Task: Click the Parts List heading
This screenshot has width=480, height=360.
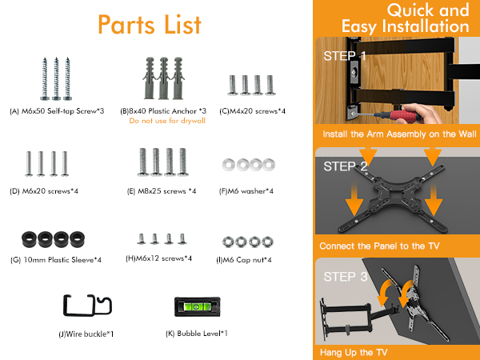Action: pyautogui.click(x=150, y=25)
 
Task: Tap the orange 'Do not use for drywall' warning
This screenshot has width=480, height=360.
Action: pyautogui.click(x=167, y=121)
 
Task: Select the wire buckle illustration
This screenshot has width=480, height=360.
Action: pyautogui.click(x=87, y=306)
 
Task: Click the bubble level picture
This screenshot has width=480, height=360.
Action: pyautogui.click(x=197, y=306)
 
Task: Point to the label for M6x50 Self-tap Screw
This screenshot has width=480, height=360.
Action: pyautogui.click(x=57, y=111)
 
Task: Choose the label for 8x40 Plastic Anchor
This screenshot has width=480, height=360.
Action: pyautogui.click(x=163, y=111)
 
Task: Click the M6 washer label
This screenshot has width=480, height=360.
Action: pyautogui.click(x=246, y=191)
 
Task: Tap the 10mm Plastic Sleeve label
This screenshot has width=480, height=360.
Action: pyautogui.click(x=56, y=260)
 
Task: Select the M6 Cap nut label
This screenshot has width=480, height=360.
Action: pyautogui.click(x=244, y=260)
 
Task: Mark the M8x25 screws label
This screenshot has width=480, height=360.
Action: pyautogui.click(x=162, y=191)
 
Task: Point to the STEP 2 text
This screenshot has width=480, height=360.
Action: pyautogui.click(x=346, y=166)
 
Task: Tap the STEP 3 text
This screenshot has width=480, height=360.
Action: pyautogui.click(x=346, y=277)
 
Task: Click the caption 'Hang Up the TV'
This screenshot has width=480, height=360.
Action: pyautogui.click(x=354, y=353)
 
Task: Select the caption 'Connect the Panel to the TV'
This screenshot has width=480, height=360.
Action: pyautogui.click(x=379, y=246)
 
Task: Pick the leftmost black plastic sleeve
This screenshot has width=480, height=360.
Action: pyautogui.click(x=30, y=239)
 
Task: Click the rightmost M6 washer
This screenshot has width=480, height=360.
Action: pyautogui.click(x=269, y=165)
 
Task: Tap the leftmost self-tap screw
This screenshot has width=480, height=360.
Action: pyautogui.click(x=45, y=78)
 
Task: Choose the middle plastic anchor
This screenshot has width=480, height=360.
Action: pyautogui.click(x=163, y=78)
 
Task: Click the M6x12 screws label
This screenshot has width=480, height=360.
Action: pyautogui.click(x=159, y=258)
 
